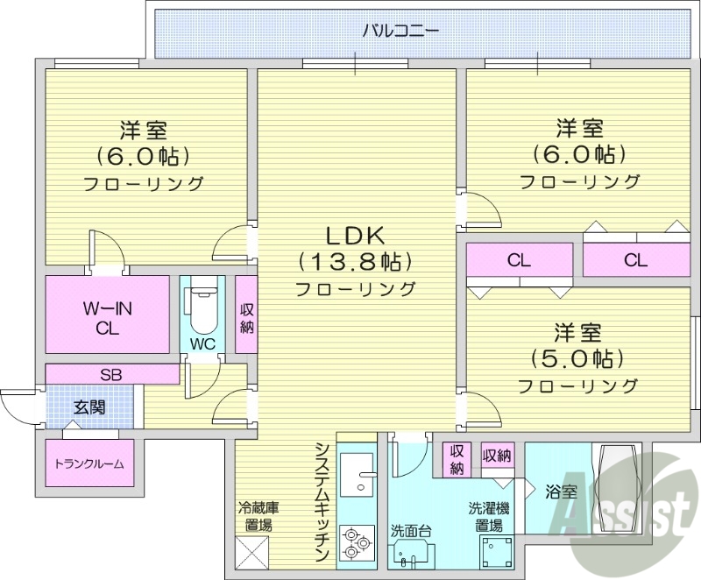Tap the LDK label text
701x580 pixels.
point(355,235)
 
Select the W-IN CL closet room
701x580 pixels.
point(108,316)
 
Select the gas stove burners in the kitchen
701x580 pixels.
point(356,541)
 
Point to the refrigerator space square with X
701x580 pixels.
point(252,551)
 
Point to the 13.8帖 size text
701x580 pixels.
point(355,261)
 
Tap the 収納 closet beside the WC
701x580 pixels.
point(246,318)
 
